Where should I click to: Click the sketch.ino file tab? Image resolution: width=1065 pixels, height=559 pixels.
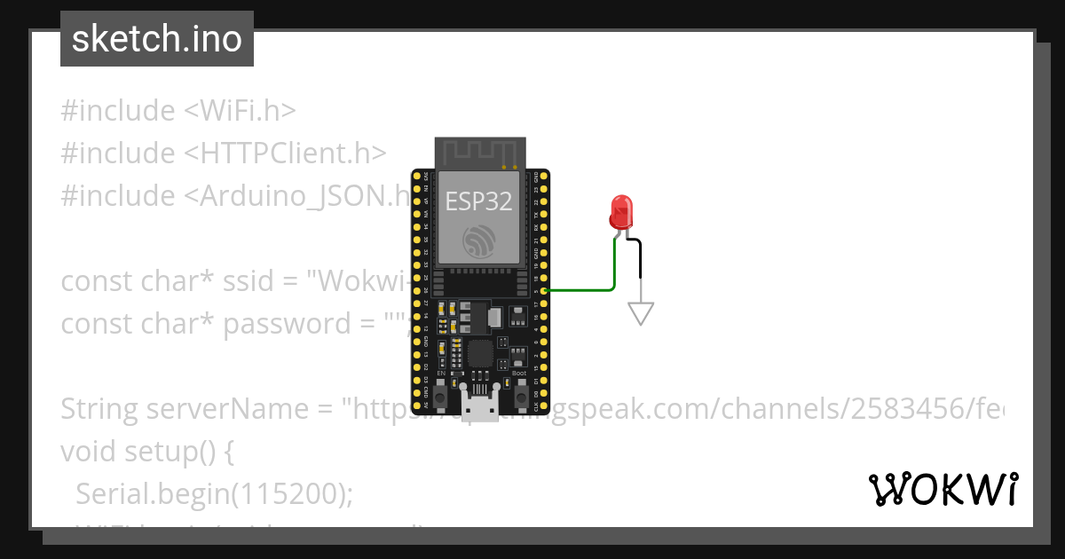tap(157, 39)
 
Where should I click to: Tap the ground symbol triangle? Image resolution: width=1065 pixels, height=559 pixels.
tap(641, 313)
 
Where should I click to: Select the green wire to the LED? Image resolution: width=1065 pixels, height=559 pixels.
tap(614, 271)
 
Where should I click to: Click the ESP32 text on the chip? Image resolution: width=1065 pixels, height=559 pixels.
tap(478, 201)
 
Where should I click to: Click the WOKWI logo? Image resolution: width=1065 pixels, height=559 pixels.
tap(943, 489)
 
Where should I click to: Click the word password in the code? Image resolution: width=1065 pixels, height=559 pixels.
tap(287, 324)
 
